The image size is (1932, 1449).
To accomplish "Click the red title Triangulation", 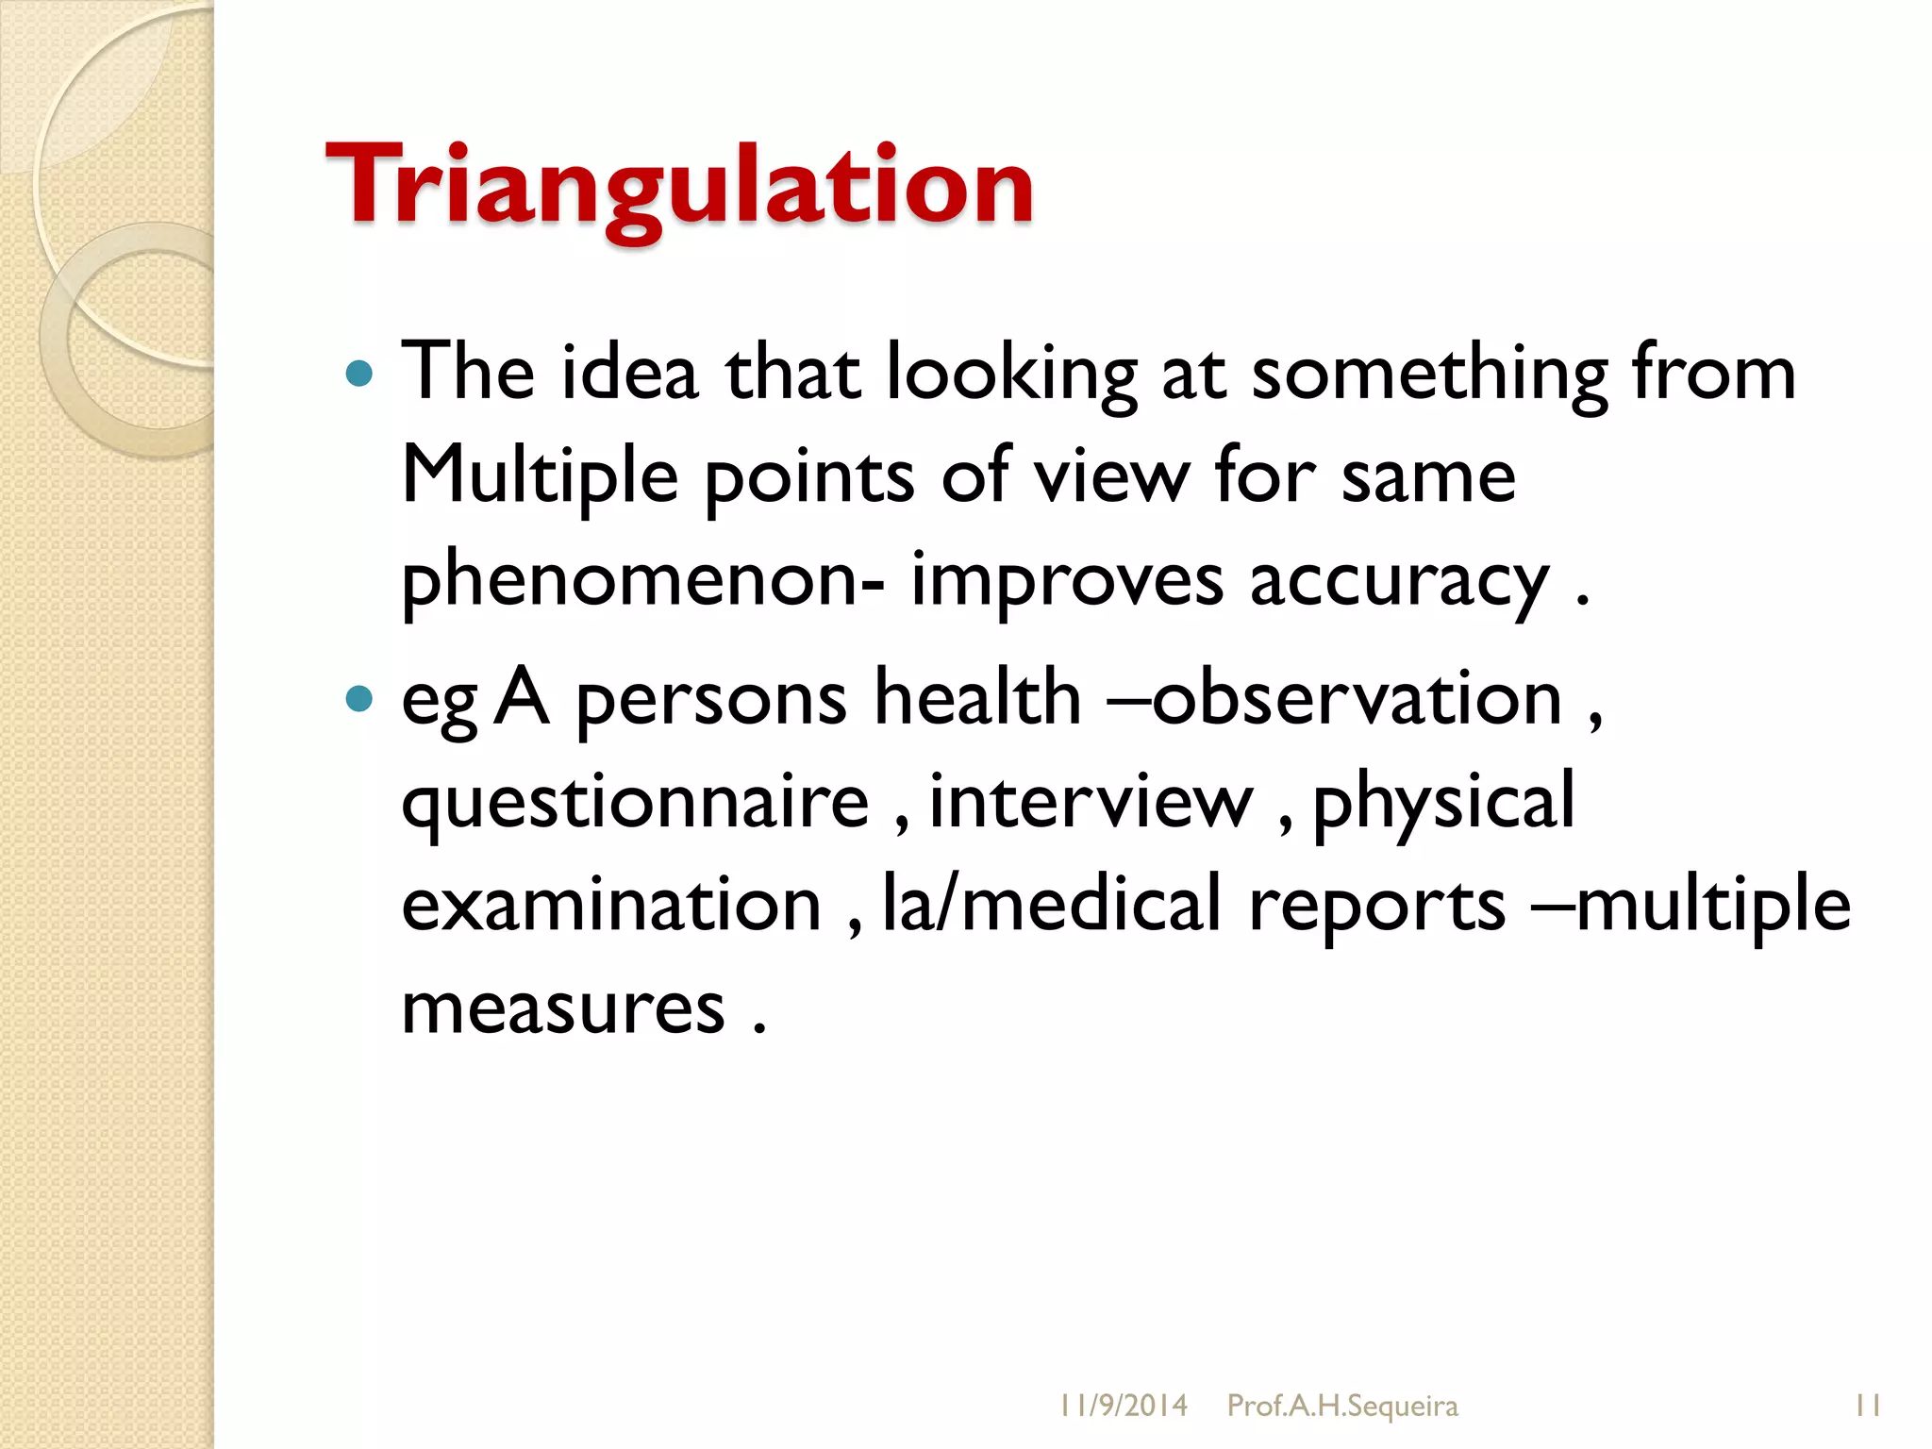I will coord(679,186).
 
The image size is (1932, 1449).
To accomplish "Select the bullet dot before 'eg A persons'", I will coord(359,699).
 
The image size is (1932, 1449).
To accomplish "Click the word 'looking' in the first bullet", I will coord(1011,375).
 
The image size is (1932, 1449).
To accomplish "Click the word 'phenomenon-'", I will coord(642,580).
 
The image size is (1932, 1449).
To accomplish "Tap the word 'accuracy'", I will coord(1399,580).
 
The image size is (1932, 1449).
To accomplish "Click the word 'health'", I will coord(977,699).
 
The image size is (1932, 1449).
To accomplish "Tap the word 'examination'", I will coord(611,905).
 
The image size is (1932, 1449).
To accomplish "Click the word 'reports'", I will coord(1376,905).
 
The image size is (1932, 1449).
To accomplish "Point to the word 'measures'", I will coord(563,1008).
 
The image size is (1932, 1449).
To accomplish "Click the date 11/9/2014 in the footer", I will coord(1123,1406).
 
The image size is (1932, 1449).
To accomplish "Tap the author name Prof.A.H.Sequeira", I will coord(1341,1406).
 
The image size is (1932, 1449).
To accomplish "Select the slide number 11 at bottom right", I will coord(1868,1406).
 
